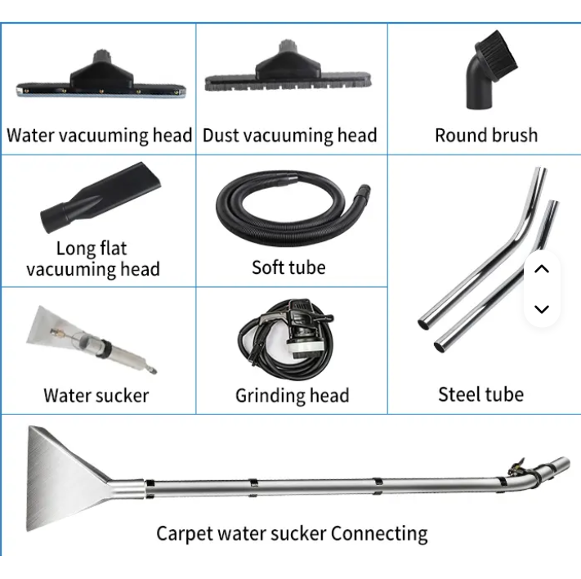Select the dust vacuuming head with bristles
point(291,75)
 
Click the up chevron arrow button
point(542,269)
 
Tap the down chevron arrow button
point(542,309)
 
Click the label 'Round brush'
point(486,135)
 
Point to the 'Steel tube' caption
point(480,394)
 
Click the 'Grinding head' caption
point(292,396)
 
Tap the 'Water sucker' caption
point(96,396)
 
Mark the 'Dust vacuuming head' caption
point(290,135)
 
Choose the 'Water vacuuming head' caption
point(99,135)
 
